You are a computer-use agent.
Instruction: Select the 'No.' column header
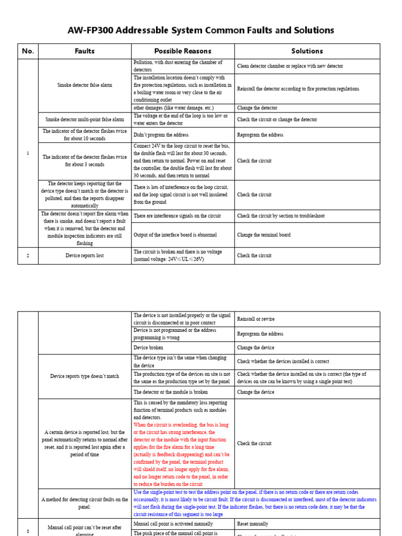(28, 51)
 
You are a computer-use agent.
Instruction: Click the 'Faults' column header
(85, 51)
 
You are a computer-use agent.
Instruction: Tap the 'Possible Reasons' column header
(183, 51)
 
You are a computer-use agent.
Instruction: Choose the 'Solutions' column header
(307, 51)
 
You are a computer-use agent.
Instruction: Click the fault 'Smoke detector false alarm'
(85, 85)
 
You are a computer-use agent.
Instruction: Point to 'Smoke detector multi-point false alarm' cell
(85, 119)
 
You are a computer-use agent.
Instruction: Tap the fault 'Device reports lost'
(85, 255)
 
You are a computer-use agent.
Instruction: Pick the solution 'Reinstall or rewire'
(255, 319)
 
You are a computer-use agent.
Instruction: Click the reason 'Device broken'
(148, 348)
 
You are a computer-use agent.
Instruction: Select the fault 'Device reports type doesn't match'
(85, 376)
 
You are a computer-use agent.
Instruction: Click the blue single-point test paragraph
(254, 503)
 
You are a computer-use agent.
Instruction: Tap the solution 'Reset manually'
(252, 524)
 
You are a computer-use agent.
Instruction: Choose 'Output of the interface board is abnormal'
(175, 235)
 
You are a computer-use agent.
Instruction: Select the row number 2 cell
(28, 255)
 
